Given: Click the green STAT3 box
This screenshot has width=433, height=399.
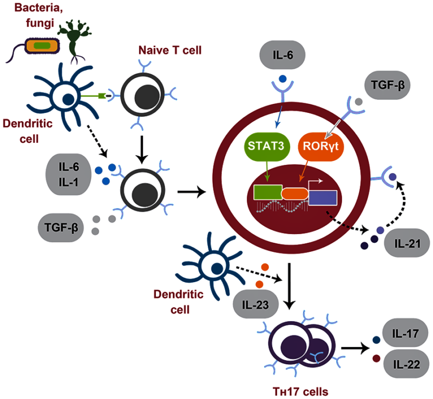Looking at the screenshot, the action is (x=267, y=147).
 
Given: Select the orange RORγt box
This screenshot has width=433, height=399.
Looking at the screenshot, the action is (x=321, y=147).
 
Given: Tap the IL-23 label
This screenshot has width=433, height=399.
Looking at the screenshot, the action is (x=255, y=304).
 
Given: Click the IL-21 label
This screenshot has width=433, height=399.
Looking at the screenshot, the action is (x=408, y=243).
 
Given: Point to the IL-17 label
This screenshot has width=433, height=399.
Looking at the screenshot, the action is (x=405, y=333).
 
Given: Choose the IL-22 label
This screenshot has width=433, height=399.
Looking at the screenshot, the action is (x=406, y=364).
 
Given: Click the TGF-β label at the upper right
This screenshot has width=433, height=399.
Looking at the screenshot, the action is (x=388, y=85).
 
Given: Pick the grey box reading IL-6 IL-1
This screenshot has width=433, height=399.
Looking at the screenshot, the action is (x=69, y=175).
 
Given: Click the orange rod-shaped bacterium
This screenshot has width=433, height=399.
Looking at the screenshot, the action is (x=42, y=46).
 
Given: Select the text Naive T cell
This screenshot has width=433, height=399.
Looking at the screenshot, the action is (x=170, y=50).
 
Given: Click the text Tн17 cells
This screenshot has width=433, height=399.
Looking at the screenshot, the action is (x=300, y=391).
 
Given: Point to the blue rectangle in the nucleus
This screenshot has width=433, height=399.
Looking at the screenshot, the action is (x=323, y=197).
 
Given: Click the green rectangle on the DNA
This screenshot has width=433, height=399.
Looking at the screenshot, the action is (x=268, y=192).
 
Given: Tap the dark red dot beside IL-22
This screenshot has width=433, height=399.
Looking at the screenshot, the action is (x=376, y=358).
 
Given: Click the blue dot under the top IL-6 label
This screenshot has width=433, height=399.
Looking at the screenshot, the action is (x=283, y=79).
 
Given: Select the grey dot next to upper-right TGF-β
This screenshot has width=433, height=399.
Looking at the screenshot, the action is (x=358, y=102).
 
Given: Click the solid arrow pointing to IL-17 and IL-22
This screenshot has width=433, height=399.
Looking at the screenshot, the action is (x=356, y=348).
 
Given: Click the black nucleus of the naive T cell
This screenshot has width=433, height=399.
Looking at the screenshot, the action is (x=147, y=97).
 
